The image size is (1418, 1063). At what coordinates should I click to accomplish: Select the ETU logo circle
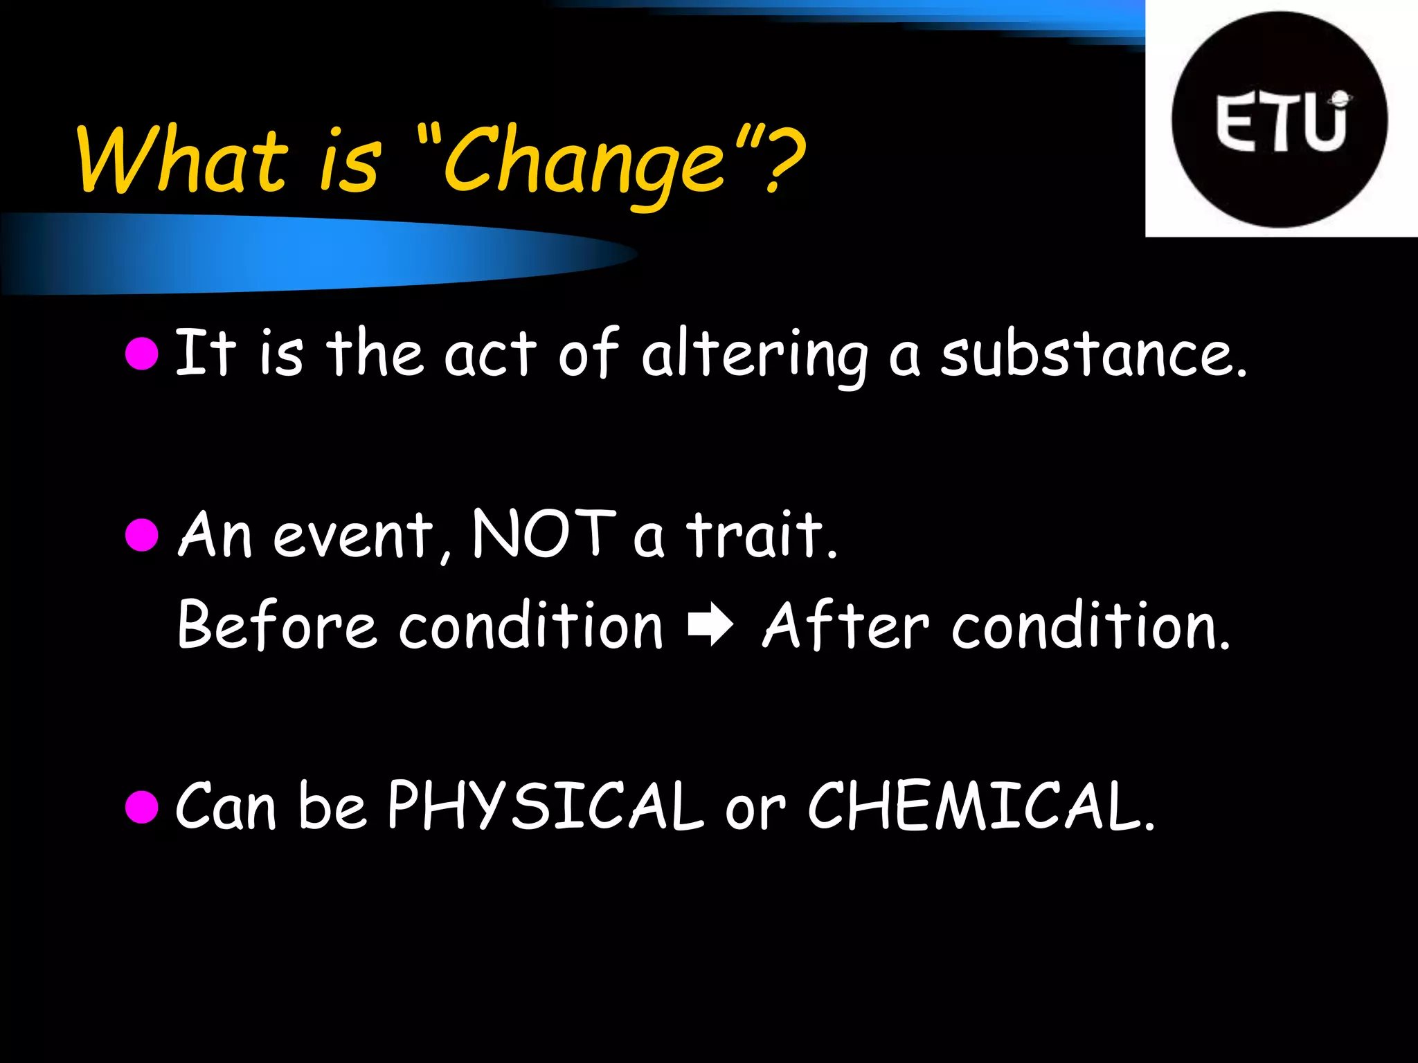[x=1280, y=120]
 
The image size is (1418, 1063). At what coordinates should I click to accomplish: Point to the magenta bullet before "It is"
[x=143, y=354]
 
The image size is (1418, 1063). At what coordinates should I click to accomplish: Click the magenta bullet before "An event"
[x=143, y=534]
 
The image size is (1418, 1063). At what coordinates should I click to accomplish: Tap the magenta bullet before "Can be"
[x=143, y=806]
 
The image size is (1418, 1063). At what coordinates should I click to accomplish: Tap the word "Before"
[x=276, y=625]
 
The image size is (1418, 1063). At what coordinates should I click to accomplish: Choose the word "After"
[x=845, y=625]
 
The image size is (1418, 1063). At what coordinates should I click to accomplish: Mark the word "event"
[x=353, y=536]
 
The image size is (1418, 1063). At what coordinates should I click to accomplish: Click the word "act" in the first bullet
[x=490, y=355]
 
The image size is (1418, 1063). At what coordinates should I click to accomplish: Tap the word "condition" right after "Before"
[x=530, y=625]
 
